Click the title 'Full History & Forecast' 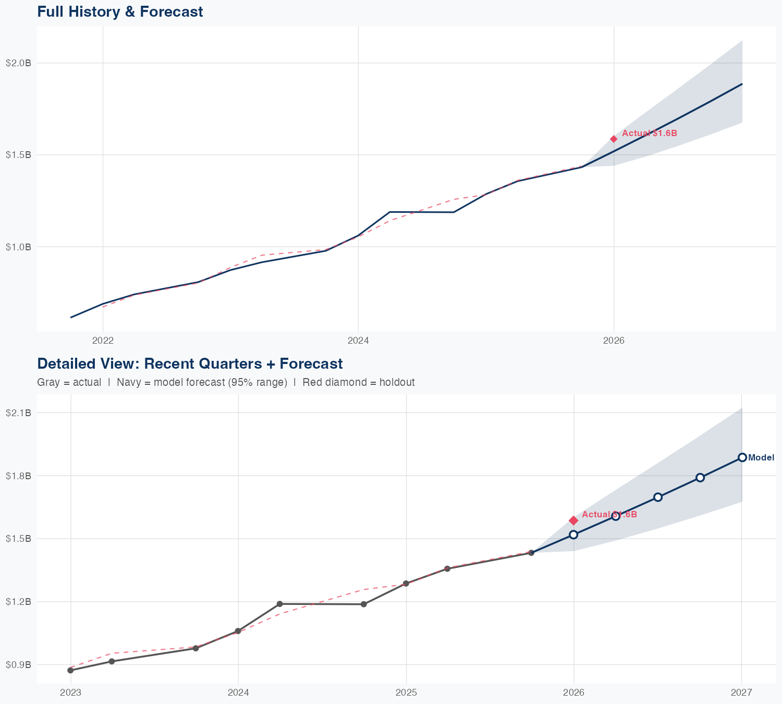[120, 11]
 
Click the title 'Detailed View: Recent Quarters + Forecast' [190, 363]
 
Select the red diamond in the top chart [614, 139]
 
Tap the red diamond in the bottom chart [573, 520]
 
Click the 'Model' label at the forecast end [761, 458]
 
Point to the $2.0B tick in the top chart [18, 63]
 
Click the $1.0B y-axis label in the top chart [18, 247]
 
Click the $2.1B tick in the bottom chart [18, 413]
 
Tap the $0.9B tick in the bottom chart [18, 665]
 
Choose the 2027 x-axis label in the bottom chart [741, 693]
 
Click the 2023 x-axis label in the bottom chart [70, 693]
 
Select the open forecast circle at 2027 [742, 457]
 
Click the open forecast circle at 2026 [573, 535]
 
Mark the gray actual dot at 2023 [70, 670]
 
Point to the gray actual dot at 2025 [406, 584]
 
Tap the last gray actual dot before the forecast [531, 553]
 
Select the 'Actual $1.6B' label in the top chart [650, 133]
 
